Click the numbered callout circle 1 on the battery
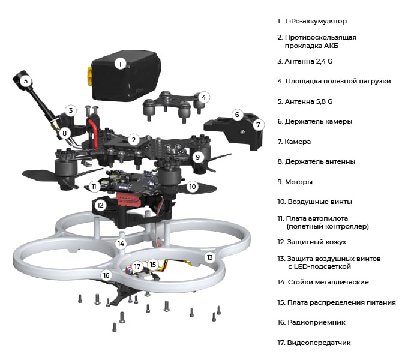tap(120, 63)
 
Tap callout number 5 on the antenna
tap(26, 81)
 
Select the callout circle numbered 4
tap(204, 97)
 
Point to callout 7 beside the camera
tap(258, 125)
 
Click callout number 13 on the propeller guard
tap(209, 257)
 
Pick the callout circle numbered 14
tap(121, 244)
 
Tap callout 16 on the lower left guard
tap(106, 275)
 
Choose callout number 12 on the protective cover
tap(101, 205)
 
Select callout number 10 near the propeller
tap(192, 187)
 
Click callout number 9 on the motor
tap(199, 157)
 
